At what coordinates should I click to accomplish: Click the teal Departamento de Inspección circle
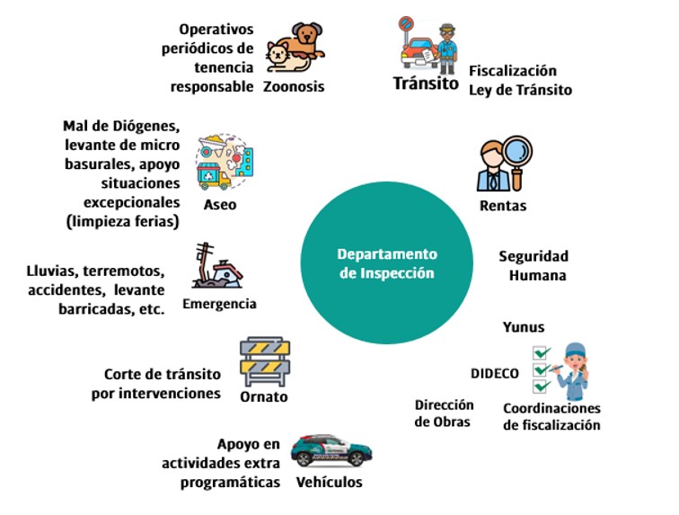388,263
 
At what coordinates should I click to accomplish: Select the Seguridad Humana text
533,266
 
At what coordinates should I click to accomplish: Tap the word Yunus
524,327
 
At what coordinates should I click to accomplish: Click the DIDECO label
495,373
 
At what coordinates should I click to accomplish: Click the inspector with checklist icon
561,368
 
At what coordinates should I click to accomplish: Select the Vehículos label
330,483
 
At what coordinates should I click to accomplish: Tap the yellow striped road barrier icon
264,360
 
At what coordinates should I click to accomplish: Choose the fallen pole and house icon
217,267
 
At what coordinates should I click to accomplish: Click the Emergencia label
219,304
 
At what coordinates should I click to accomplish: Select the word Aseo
220,204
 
